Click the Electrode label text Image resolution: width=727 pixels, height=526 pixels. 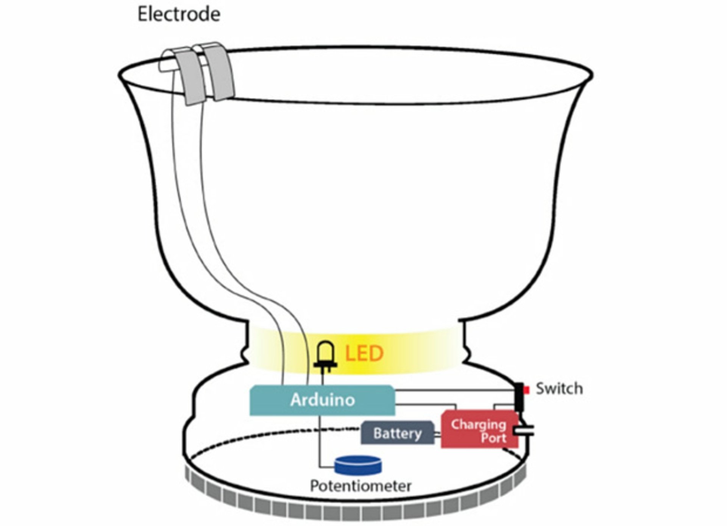pyautogui.click(x=179, y=14)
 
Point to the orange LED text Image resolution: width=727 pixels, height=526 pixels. pyautogui.click(x=364, y=354)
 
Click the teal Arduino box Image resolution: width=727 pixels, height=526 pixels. pyautogui.click(x=322, y=400)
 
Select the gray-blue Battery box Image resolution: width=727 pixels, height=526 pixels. pyautogui.click(x=397, y=433)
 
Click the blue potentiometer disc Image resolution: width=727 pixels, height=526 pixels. pyautogui.click(x=358, y=465)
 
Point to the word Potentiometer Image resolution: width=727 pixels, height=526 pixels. pyautogui.click(x=360, y=486)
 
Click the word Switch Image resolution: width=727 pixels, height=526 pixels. pyautogui.click(x=559, y=389)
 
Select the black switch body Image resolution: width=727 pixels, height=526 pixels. pyautogui.click(x=519, y=397)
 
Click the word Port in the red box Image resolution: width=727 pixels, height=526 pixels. pyautogui.click(x=493, y=438)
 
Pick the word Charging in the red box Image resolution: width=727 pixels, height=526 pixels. pyautogui.click(x=478, y=425)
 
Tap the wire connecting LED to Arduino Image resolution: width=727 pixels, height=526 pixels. pyautogui.click(x=323, y=377)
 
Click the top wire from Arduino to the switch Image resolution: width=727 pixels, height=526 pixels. pyautogui.click(x=454, y=389)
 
